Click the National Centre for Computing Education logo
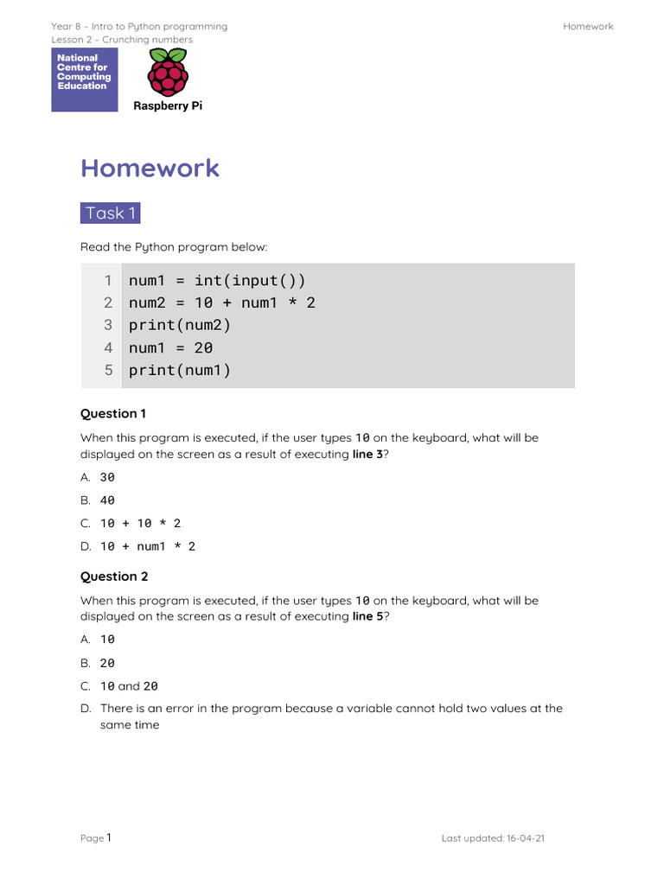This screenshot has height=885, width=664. click(85, 80)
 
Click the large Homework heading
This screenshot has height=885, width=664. click(150, 168)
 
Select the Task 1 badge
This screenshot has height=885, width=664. click(111, 213)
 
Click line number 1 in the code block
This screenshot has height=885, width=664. click(108, 280)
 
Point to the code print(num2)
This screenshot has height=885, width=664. click(180, 325)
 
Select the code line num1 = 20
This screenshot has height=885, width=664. click(170, 347)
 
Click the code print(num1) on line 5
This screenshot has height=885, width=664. click(180, 370)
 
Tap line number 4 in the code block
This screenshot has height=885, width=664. click(108, 347)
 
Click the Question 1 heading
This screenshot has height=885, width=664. click(113, 413)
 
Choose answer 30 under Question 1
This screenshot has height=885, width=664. click(107, 477)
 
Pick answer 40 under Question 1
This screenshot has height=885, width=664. click(107, 500)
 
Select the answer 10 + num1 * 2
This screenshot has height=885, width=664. click(148, 546)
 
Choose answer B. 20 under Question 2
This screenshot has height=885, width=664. click(107, 663)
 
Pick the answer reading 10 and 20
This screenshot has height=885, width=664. click(129, 686)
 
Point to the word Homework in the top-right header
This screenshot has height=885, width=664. click(588, 26)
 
